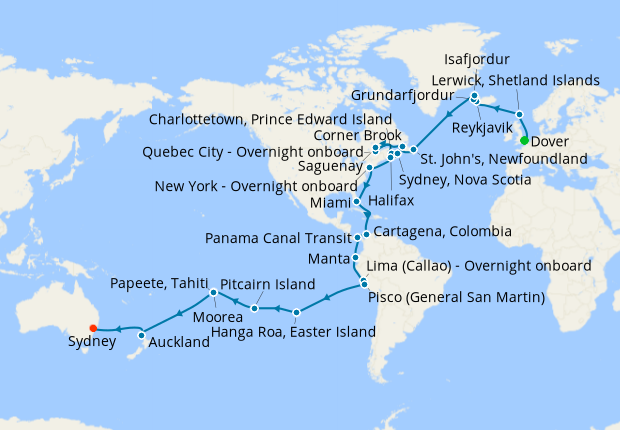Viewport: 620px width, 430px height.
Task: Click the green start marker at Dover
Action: coord(524,141)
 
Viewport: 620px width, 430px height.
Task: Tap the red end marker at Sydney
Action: coord(92,327)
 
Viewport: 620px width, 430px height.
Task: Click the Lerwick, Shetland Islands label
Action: coord(514,79)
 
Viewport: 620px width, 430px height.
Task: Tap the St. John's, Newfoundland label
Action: coord(502,159)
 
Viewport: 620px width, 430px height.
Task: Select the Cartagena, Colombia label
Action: coord(440,231)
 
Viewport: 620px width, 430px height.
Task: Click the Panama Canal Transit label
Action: coord(277,239)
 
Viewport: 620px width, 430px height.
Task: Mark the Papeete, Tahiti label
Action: coord(160,282)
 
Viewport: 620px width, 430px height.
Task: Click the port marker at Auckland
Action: coord(143,335)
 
